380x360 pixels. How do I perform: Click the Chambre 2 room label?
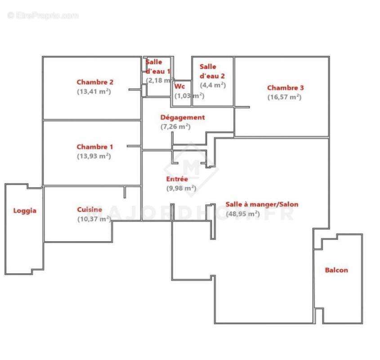pos(95,82)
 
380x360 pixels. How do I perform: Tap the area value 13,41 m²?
pos(94,91)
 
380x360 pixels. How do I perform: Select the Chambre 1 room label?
pos(95,147)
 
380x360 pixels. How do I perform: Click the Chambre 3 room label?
pos(286,88)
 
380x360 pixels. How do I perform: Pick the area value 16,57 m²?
pos(285,97)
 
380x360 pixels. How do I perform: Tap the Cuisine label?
pos(89,209)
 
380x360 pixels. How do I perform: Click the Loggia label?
pos(25,210)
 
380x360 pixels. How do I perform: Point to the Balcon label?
pos(336,270)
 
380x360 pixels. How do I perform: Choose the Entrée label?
pos(177,179)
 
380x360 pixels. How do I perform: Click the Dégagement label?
pos(183,117)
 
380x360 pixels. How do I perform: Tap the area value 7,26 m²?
pos(176,127)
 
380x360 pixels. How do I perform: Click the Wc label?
pos(179,86)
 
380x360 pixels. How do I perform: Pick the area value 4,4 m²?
pos(213,85)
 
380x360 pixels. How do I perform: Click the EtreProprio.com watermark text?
pos(43,16)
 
